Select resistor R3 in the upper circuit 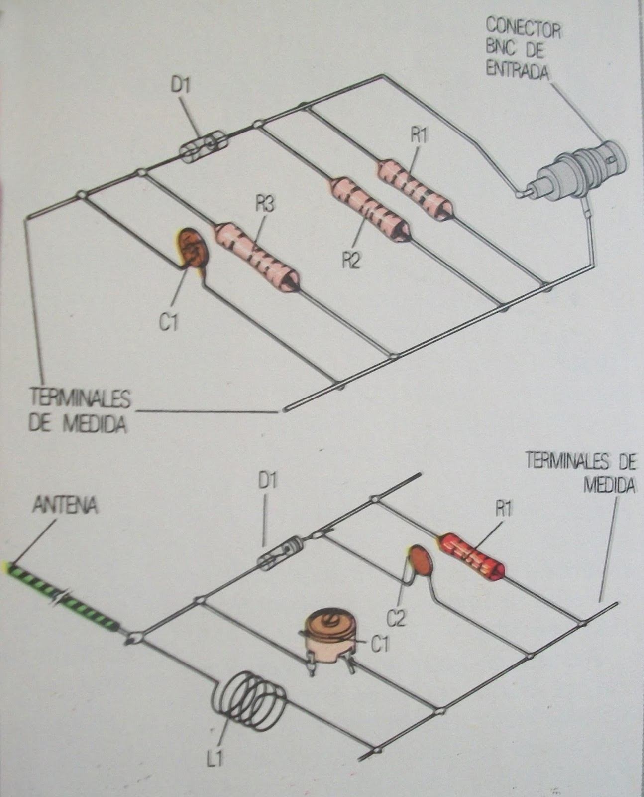tap(256, 253)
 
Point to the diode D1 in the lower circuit tap(279, 553)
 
